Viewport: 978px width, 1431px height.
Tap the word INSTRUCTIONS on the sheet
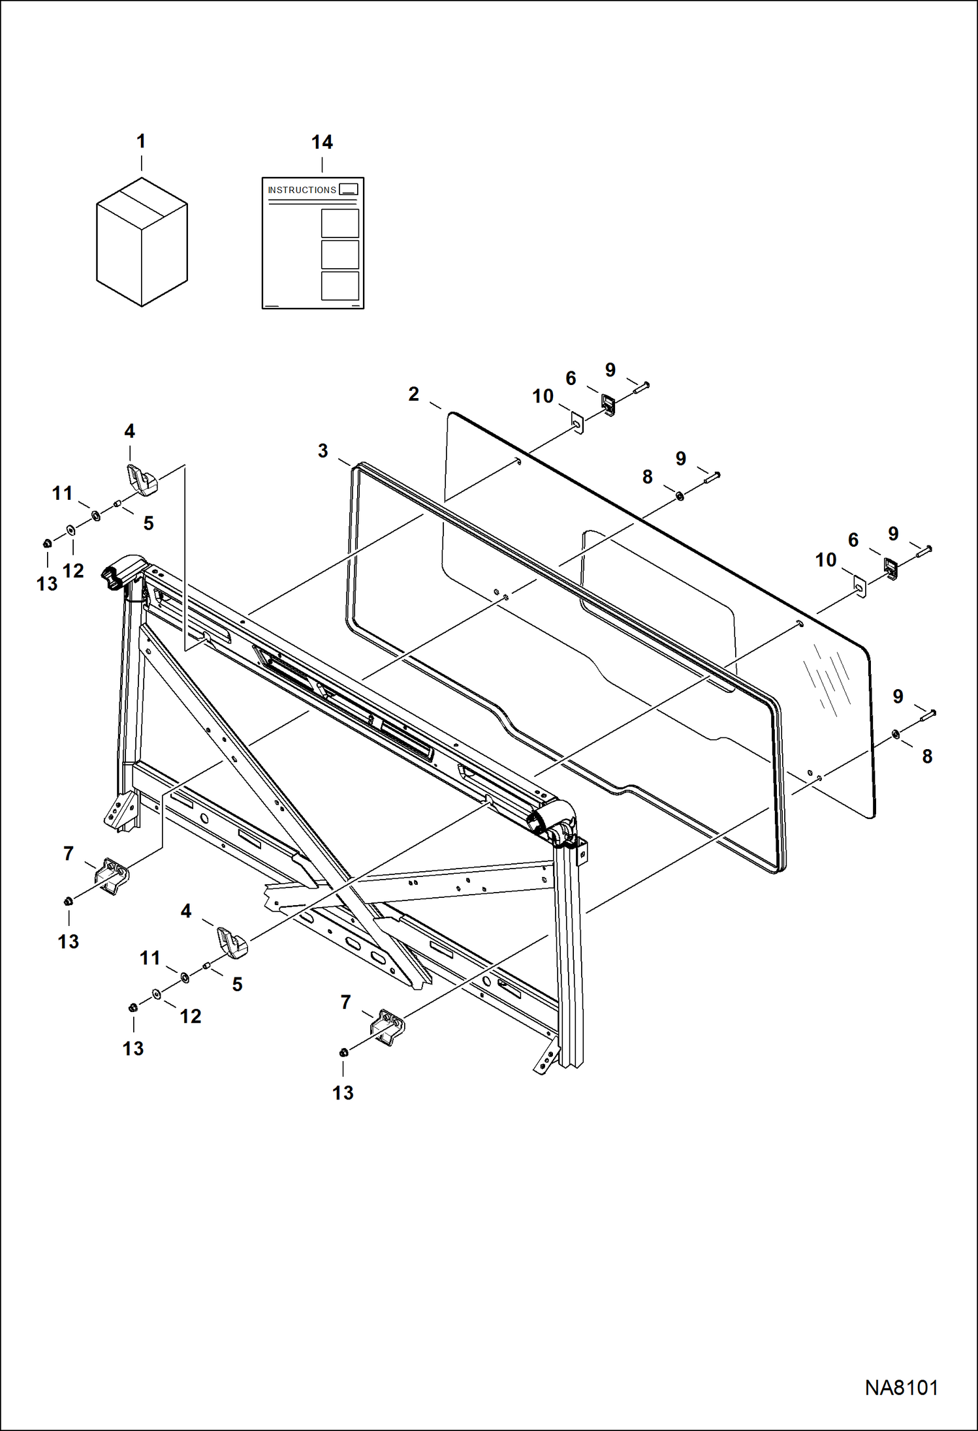pos(302,190)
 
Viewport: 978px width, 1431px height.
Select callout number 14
pos(322,142)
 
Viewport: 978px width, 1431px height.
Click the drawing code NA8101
pos(901,1387)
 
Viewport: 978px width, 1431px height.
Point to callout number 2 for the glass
pos(413,394)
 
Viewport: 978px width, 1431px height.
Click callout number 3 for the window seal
pos(323,451)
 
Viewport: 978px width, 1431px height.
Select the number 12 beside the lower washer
pos(191,1016)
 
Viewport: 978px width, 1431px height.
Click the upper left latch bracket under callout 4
pos(142,480)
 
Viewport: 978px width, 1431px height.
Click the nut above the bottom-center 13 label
pos(343,1052)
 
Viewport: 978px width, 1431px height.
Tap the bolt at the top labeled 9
pos(640,388)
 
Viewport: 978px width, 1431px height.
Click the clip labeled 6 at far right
pos(890,568)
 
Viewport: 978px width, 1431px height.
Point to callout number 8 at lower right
pos(927,756)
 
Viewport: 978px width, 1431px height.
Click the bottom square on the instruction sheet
pos(340,286)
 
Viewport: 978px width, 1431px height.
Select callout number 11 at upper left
pos(62,493)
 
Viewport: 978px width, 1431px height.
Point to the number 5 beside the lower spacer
pos(237,984)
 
